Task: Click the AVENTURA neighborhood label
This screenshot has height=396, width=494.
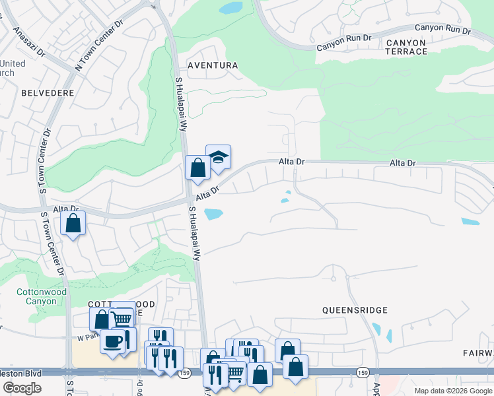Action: (212, 65)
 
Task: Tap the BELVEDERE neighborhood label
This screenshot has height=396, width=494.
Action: (48, 93)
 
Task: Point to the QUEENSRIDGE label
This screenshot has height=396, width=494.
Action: (355, 310)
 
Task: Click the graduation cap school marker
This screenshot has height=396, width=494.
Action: (218, 157)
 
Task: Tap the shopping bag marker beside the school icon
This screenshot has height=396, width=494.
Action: (197, 168)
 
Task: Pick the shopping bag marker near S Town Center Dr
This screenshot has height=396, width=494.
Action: (73, 223)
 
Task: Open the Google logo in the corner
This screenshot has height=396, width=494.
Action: (21, 387)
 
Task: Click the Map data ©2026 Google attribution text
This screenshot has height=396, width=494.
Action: (452, 391)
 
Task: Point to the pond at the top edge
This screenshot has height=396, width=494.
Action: (230, 8)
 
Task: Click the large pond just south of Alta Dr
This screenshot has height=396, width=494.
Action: (213, 214)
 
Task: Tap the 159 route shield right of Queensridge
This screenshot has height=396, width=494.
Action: (361, 373)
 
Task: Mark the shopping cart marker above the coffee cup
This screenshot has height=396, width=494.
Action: (122, 319)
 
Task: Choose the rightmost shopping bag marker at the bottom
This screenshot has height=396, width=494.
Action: (295, 366)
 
